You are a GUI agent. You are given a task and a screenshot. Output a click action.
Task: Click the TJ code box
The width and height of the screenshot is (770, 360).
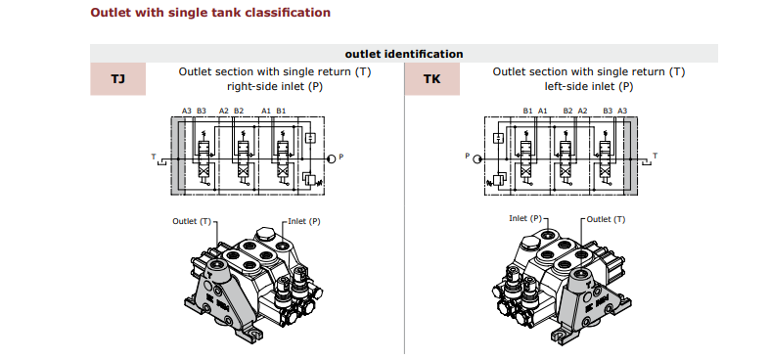pyautogui.click(x=117, y=78)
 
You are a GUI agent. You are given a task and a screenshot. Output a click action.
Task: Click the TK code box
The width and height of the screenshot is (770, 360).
pyautogui.click(x=432, y=78)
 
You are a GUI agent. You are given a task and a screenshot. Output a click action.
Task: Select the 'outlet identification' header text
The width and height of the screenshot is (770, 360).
pyautogui.click(x=404, y=54)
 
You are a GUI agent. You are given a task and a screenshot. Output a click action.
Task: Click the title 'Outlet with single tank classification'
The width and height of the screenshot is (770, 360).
pyautogui.click(x=210, y=13)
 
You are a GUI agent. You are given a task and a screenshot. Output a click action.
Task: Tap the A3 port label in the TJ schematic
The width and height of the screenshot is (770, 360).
pyautogui.click(x=187, y=111)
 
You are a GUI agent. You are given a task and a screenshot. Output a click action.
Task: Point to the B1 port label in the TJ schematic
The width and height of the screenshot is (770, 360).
pyautogui.click(x=281, y=111)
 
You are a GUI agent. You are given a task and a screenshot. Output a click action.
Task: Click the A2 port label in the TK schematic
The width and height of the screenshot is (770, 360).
pyautogui.click(x=582, y=111)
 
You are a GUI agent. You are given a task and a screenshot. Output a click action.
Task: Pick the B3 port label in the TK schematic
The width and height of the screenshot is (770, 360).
pyautogui.click(x=608, y=111)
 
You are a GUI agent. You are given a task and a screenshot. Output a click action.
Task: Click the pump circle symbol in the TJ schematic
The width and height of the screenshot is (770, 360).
pyautogui.click(x=332, y=158)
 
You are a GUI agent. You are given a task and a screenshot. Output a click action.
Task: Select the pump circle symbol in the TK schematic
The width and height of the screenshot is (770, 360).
pyautogui.click(x=476, y=158)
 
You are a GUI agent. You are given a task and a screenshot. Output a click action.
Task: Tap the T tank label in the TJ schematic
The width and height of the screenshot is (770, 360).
pyautogui.click(x=154, y=157)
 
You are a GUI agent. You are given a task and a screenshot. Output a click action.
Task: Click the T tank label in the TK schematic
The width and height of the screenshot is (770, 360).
pyautogui.click(x=655, y=157)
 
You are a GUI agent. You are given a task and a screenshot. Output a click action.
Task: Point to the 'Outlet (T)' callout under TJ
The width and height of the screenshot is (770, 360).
pyautogui.click(x=192, y=221)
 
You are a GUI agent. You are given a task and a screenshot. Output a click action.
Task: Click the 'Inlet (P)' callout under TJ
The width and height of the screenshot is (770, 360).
pyautogui.click(x=304, y=221)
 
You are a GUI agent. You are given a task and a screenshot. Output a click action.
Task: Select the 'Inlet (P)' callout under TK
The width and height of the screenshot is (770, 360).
pyautogui.click(x=525, y=218)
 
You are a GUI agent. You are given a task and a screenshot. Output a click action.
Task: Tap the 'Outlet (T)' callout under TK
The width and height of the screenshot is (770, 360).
pyautogui.click(x=606, y=219)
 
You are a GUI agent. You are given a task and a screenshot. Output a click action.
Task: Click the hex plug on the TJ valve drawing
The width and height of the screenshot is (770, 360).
pyautogui.click(x=266, y=234)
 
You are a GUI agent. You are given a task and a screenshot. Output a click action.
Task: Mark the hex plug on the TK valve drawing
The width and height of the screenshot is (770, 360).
pyautogui.click(x=532, y=242)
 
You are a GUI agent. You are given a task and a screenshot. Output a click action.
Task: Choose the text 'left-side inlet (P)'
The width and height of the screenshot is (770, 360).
pyautogui.click(x=589, y=86)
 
